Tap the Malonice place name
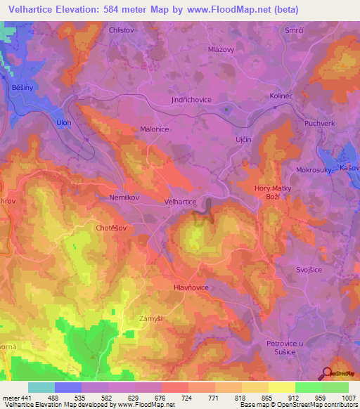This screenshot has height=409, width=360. (x=155, y=129)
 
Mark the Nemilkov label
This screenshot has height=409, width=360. (x=124, y=197)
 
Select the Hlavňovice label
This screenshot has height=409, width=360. (x=191, y=287)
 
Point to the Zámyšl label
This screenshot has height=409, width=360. (x=151, y=319)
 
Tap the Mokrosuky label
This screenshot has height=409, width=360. (x=313, y=170)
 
